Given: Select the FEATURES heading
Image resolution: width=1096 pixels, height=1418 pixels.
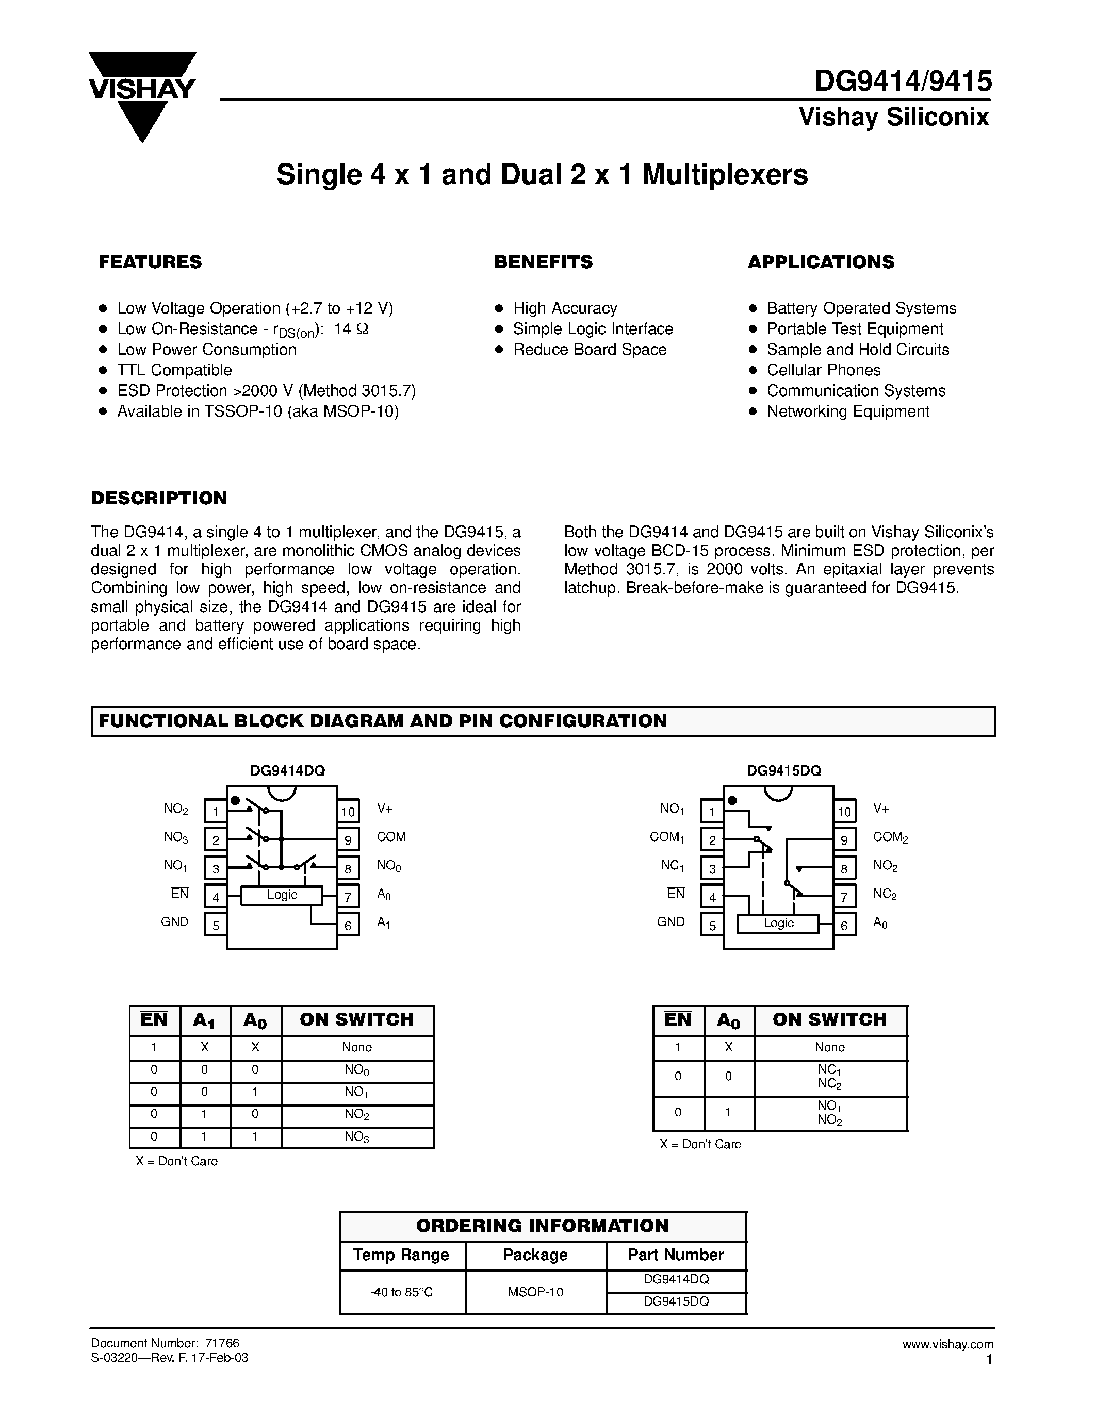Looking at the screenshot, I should click(x=150, y=262).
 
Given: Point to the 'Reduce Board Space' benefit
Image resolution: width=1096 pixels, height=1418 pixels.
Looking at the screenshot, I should click(x=590, y=349).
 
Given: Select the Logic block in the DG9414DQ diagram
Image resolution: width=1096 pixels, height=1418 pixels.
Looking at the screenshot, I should click(x=282, y=895).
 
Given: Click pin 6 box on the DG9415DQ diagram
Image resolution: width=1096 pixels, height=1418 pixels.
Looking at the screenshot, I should click(x=844, y=925).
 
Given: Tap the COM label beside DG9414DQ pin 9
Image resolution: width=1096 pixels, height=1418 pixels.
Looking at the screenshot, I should click(x=391, y=837).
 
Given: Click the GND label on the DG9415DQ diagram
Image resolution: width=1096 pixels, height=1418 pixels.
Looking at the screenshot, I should click(x=670, y=922).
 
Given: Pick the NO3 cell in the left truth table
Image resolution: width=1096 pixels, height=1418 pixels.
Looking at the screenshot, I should click(x=357, y=1137).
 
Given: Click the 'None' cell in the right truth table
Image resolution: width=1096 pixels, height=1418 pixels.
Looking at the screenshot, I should click(x=830, y=1047).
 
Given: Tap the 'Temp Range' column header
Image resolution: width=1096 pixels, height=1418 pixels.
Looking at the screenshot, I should click(x=401, y=1255).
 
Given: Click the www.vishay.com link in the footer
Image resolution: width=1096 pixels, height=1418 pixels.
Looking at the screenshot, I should click(x=947, y=1344).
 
